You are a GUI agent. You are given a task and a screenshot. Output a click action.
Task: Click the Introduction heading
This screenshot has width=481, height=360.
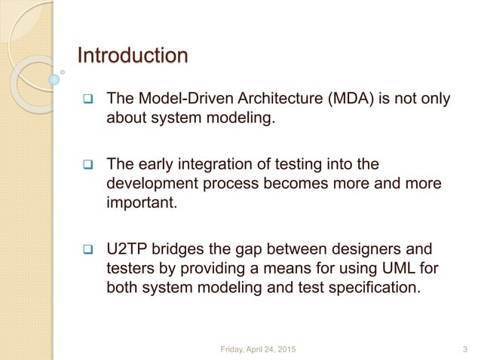point(133,56)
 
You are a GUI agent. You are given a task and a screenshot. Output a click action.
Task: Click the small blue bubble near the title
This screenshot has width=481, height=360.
point(54,78)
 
